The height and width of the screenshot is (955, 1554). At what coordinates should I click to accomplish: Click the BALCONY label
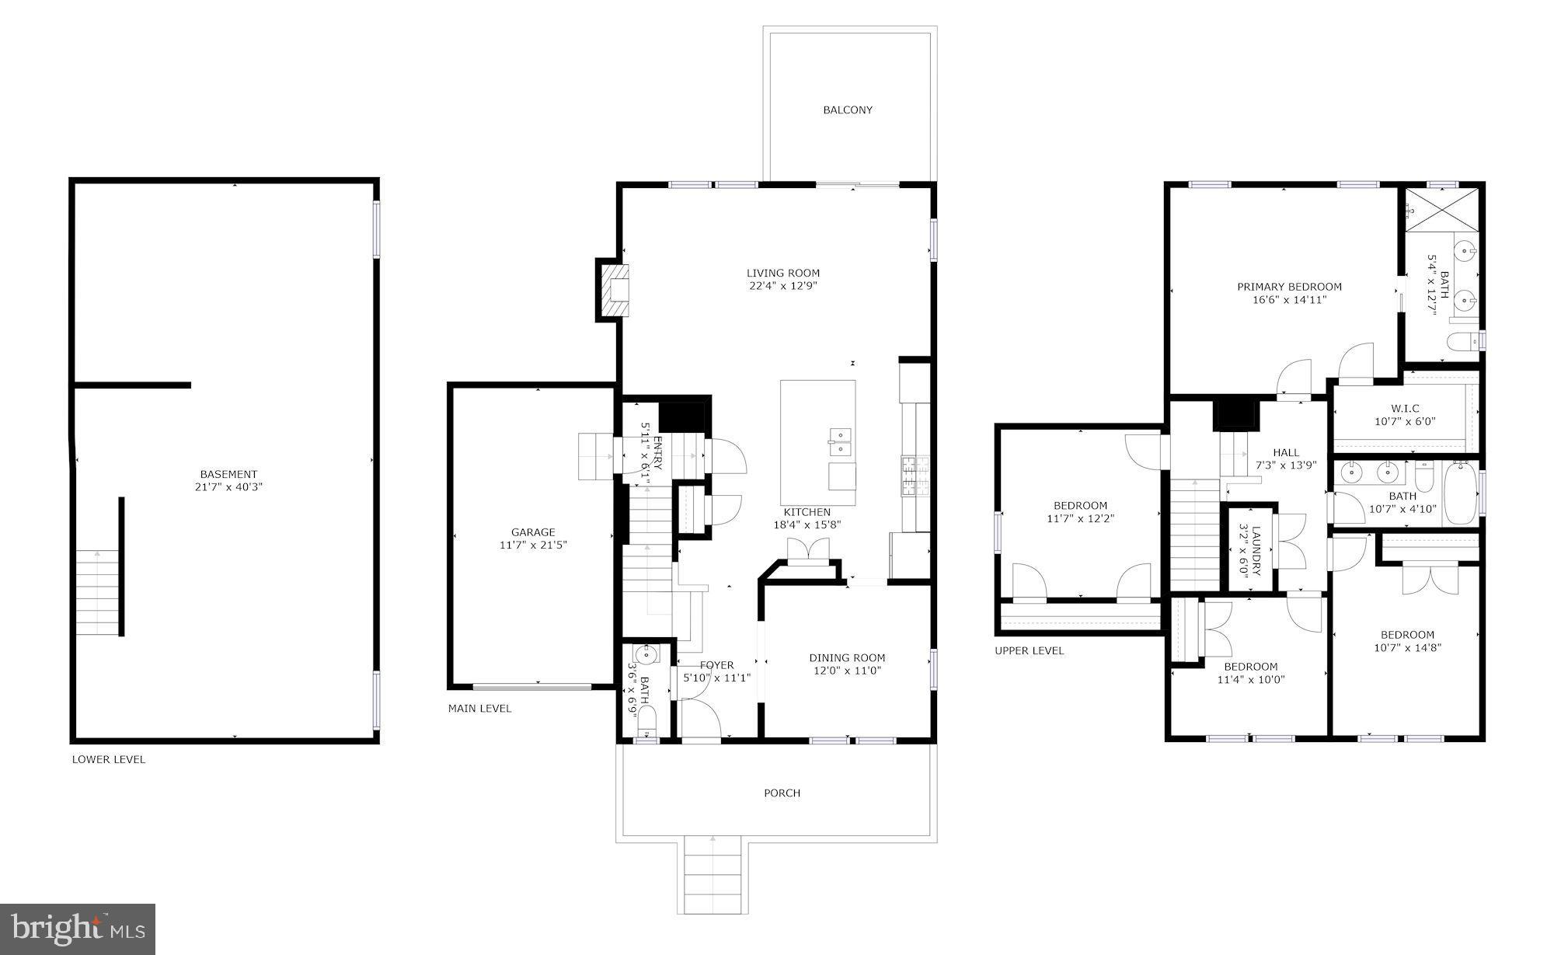[848, 110]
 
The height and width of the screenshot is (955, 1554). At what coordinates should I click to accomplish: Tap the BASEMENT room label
[228, 474]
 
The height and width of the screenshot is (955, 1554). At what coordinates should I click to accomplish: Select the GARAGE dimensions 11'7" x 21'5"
[533, 545]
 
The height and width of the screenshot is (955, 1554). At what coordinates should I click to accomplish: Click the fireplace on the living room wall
[614, 289]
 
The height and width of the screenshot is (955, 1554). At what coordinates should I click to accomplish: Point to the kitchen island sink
[839, 441]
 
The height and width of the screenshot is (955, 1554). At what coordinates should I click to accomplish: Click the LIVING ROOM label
[783, 273]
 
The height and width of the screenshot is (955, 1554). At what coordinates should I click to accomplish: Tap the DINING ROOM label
[847, 657]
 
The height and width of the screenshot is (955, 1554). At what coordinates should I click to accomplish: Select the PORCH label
[782, 793]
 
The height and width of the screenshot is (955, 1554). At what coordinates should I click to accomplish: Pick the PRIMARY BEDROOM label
[1289, 287]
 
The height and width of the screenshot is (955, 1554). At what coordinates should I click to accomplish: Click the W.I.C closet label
[1405, 409]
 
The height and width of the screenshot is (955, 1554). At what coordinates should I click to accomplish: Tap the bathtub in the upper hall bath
[1460, 493]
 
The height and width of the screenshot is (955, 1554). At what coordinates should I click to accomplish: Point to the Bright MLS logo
[78, 929]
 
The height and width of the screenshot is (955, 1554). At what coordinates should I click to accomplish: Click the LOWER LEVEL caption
[109, 759]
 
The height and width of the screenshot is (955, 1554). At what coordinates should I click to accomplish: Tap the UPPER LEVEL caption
[1030, 650]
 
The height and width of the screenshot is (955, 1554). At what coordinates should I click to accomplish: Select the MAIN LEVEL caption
[479, 709]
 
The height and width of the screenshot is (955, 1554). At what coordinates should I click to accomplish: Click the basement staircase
[98, 592]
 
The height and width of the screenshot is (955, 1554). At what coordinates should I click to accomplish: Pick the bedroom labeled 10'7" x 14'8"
[1407, 640]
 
